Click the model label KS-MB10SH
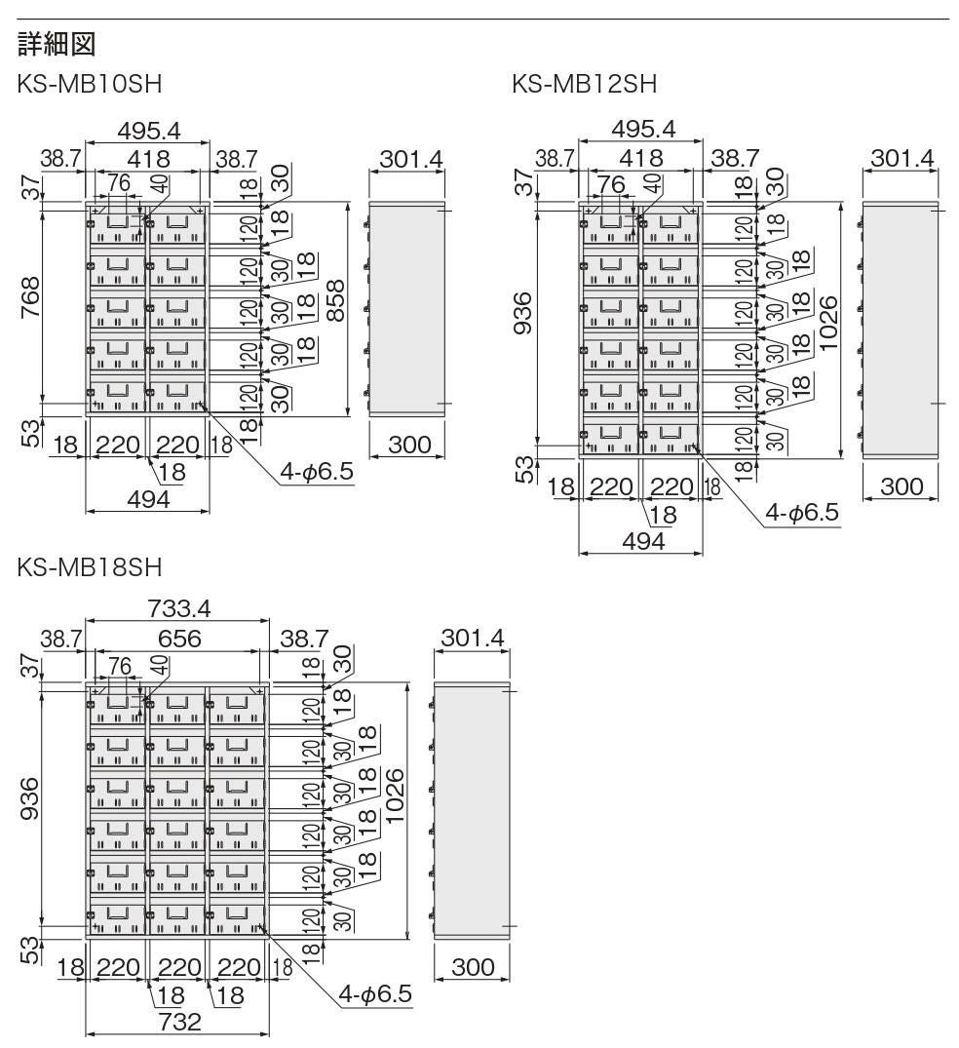89,86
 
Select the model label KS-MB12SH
584,86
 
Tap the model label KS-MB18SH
89,566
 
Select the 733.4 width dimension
178,608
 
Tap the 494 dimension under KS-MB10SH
148,499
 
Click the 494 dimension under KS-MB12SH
642,541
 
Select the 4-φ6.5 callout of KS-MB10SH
315,473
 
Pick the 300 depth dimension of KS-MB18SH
472,967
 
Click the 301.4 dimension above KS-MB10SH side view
406,159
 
